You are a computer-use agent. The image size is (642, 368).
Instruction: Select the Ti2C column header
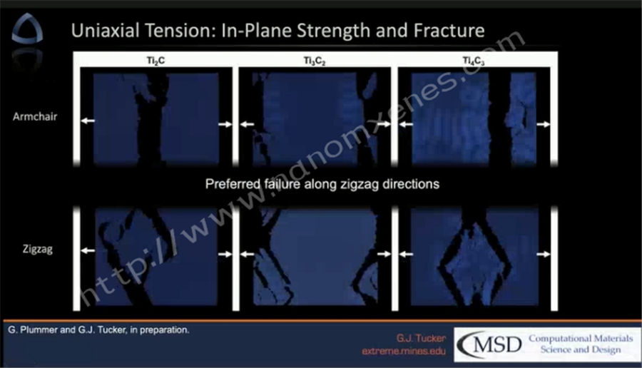click(x=156, y=61)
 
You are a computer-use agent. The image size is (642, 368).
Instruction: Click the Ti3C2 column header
click(x=315, y=61)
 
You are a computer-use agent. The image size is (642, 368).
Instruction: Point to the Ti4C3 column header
click(x=474, y=61)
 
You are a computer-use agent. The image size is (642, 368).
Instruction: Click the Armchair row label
click(x=35, y=117)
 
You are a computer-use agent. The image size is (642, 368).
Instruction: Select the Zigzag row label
click(x=38, y=250)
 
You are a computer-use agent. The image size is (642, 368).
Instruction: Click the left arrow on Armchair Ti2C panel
click(x=88, y=121)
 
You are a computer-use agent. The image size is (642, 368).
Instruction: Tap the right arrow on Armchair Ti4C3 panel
click(x=544, y=124)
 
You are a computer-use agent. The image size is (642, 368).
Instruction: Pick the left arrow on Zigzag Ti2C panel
click(x=88, y=250)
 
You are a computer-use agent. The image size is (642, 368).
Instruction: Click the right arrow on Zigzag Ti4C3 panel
click(x=544, y=254)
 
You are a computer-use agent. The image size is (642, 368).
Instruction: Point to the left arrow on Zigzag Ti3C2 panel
click(x=247, y=254)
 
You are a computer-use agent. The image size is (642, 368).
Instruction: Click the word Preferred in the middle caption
click(x=233, y=184)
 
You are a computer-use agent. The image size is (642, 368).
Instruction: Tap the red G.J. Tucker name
click(x=421, y=338)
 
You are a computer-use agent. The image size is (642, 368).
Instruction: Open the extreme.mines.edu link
click(x=404, y=351)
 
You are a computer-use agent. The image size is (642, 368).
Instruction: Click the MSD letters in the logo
click(x=497, y=344)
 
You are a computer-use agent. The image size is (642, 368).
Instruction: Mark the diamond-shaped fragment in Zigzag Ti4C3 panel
click(x=474, y=262)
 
